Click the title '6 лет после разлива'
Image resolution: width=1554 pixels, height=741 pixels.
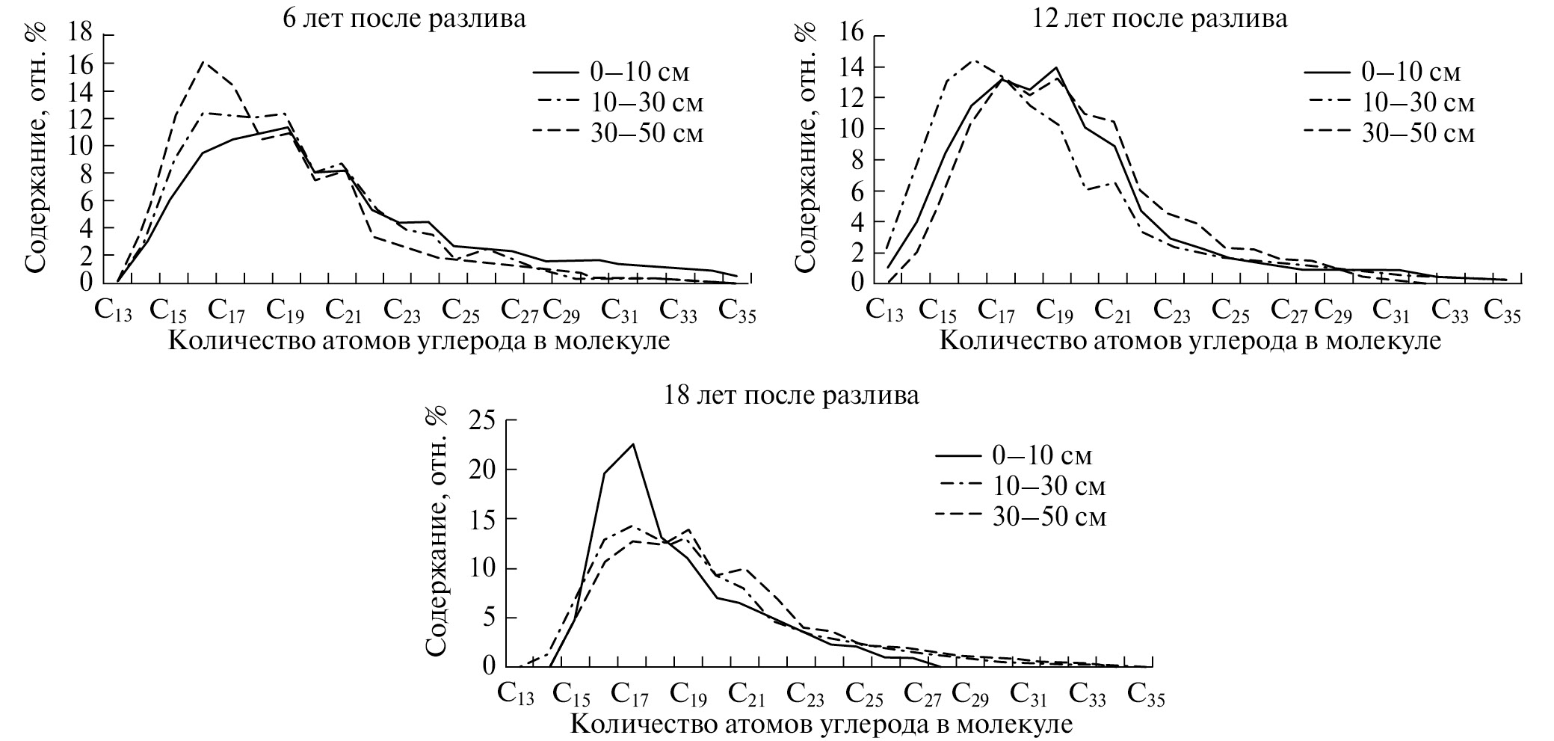(x=404, y=19)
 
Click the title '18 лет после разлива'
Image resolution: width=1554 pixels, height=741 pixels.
(x=792, y=395)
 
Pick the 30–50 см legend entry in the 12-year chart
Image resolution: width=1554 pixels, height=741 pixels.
(x=1390, y=132)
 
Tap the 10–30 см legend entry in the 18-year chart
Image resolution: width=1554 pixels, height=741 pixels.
(x=1020, y=486)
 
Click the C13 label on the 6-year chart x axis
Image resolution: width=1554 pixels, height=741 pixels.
(x=114, y=310)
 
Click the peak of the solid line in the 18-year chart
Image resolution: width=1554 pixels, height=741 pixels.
(x=633, y=444)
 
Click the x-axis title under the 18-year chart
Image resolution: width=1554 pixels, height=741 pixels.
(x=822, y=724)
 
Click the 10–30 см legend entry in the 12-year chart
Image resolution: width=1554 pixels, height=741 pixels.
(x=1390, y=102)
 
